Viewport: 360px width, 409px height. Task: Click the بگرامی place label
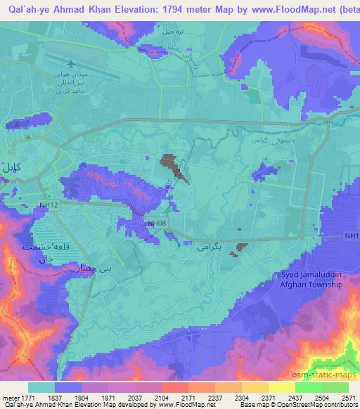coord(208,247)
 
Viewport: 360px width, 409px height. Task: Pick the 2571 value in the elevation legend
coord(348,397)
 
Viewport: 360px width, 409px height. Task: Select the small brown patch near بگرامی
coord(242,247)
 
